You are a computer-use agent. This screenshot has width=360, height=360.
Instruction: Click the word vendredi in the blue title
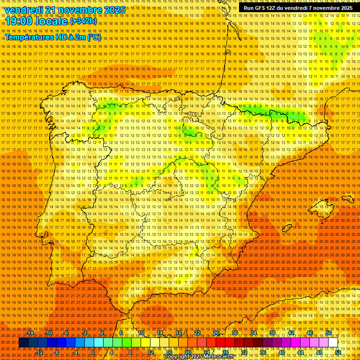26,10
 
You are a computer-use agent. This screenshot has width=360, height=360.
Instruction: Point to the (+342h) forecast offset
84,21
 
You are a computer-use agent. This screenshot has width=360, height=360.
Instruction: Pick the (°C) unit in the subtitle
94,37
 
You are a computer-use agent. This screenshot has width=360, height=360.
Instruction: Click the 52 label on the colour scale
338,352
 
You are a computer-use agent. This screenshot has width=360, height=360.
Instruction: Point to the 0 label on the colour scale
93,352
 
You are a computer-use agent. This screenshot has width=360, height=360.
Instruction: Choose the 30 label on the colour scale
235,333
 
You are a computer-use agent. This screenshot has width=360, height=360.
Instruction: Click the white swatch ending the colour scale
333,343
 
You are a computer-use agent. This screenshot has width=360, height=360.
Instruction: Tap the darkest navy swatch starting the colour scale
23,343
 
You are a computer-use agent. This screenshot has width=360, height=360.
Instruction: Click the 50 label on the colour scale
329,333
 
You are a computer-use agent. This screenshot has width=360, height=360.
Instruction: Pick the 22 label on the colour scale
197,333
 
